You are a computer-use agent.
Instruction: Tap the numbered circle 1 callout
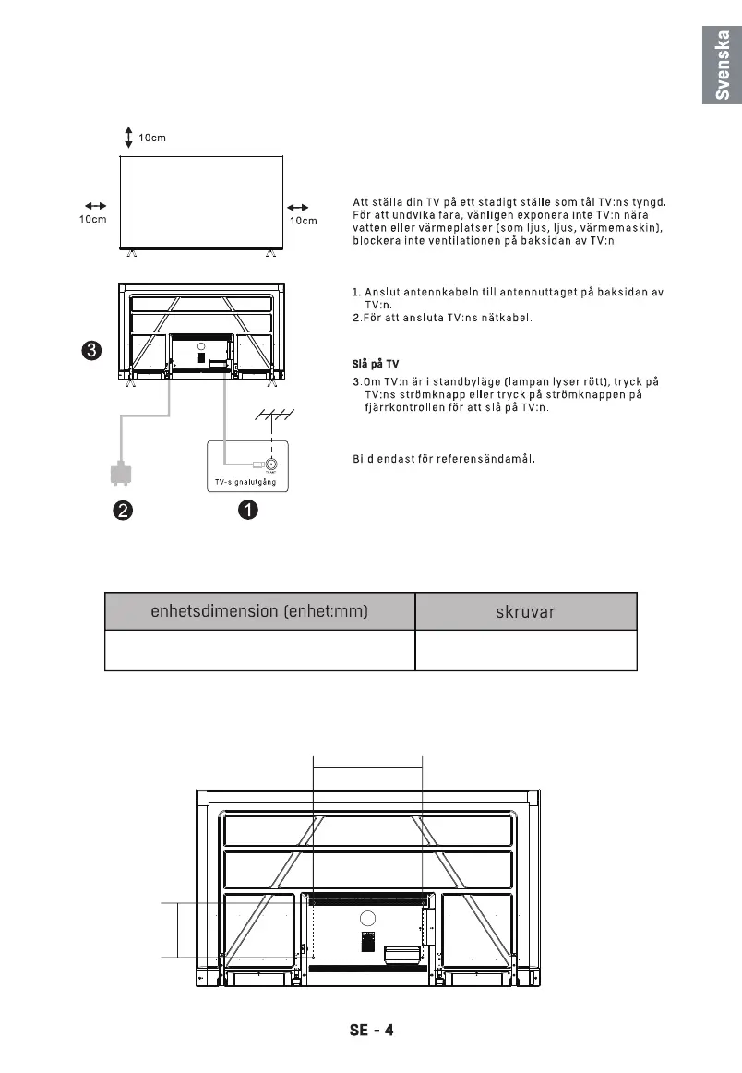pos(246,510)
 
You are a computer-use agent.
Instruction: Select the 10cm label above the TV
pos(152,139)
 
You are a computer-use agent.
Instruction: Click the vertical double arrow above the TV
pos(128,138)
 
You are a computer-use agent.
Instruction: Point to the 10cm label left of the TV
pos(92,221)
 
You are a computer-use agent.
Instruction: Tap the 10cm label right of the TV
pos(303,221)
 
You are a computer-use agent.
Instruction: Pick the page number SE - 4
pos(371,1030)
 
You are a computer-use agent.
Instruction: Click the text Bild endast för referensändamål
pos(445,458)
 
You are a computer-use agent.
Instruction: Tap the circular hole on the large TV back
pos(368,919)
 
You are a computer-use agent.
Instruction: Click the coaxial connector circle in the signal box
pos(271,465)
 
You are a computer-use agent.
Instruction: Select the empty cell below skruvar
pos(526,651)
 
